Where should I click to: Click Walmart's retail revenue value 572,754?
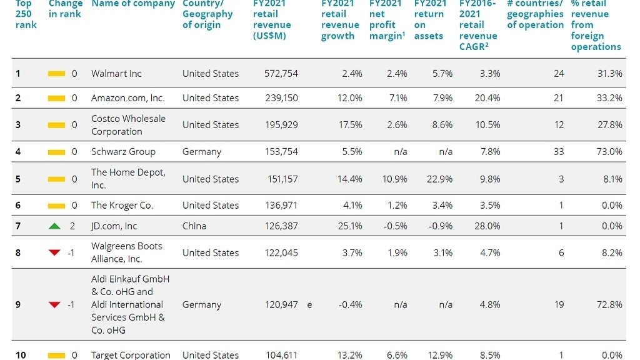click(x=281, y=74)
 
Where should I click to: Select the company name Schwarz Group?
click(x=123, y=151)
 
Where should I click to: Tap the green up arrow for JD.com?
click(x=54, y=226)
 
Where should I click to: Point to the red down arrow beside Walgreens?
click(x=54, y=252)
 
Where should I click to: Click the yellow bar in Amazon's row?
click(x=56, y=98)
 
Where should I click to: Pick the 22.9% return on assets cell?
click(x=439, y=179)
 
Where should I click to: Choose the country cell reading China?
click(x=194, y=226)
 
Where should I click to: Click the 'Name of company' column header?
click(x=133, y=4)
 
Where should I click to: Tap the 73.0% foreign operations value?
click(x=609, y=151)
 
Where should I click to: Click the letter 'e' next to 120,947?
click(x=310, y=305)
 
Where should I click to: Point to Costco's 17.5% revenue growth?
click(x=350, y=124)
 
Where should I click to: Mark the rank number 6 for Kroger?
click(x=18, y=205)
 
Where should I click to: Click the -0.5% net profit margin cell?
click(x=395, y=226)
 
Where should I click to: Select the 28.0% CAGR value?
click(x=487, y=226)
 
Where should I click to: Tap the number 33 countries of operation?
click(x=558, y=151)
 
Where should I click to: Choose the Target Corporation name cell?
click(x=131, y=355)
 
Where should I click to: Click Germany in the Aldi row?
click(x=202, y=305)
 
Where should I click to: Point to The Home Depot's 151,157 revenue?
click(x=282, y=179)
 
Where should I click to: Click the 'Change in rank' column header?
click(x=65, y=9)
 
